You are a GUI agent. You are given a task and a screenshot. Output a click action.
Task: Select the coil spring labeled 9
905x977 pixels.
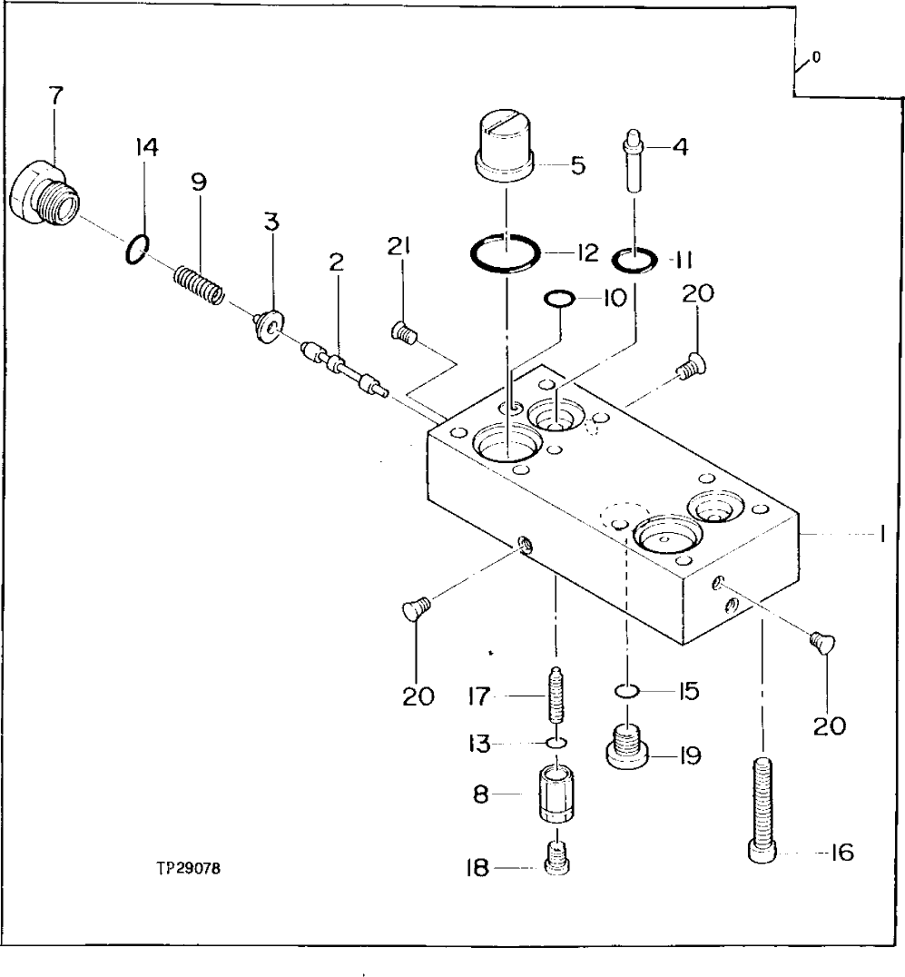(x=200, y=284)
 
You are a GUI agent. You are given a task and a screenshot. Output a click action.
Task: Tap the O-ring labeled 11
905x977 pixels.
(x=633, y=261)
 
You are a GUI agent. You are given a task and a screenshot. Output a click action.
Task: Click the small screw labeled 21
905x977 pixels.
(x=402, y=335)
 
